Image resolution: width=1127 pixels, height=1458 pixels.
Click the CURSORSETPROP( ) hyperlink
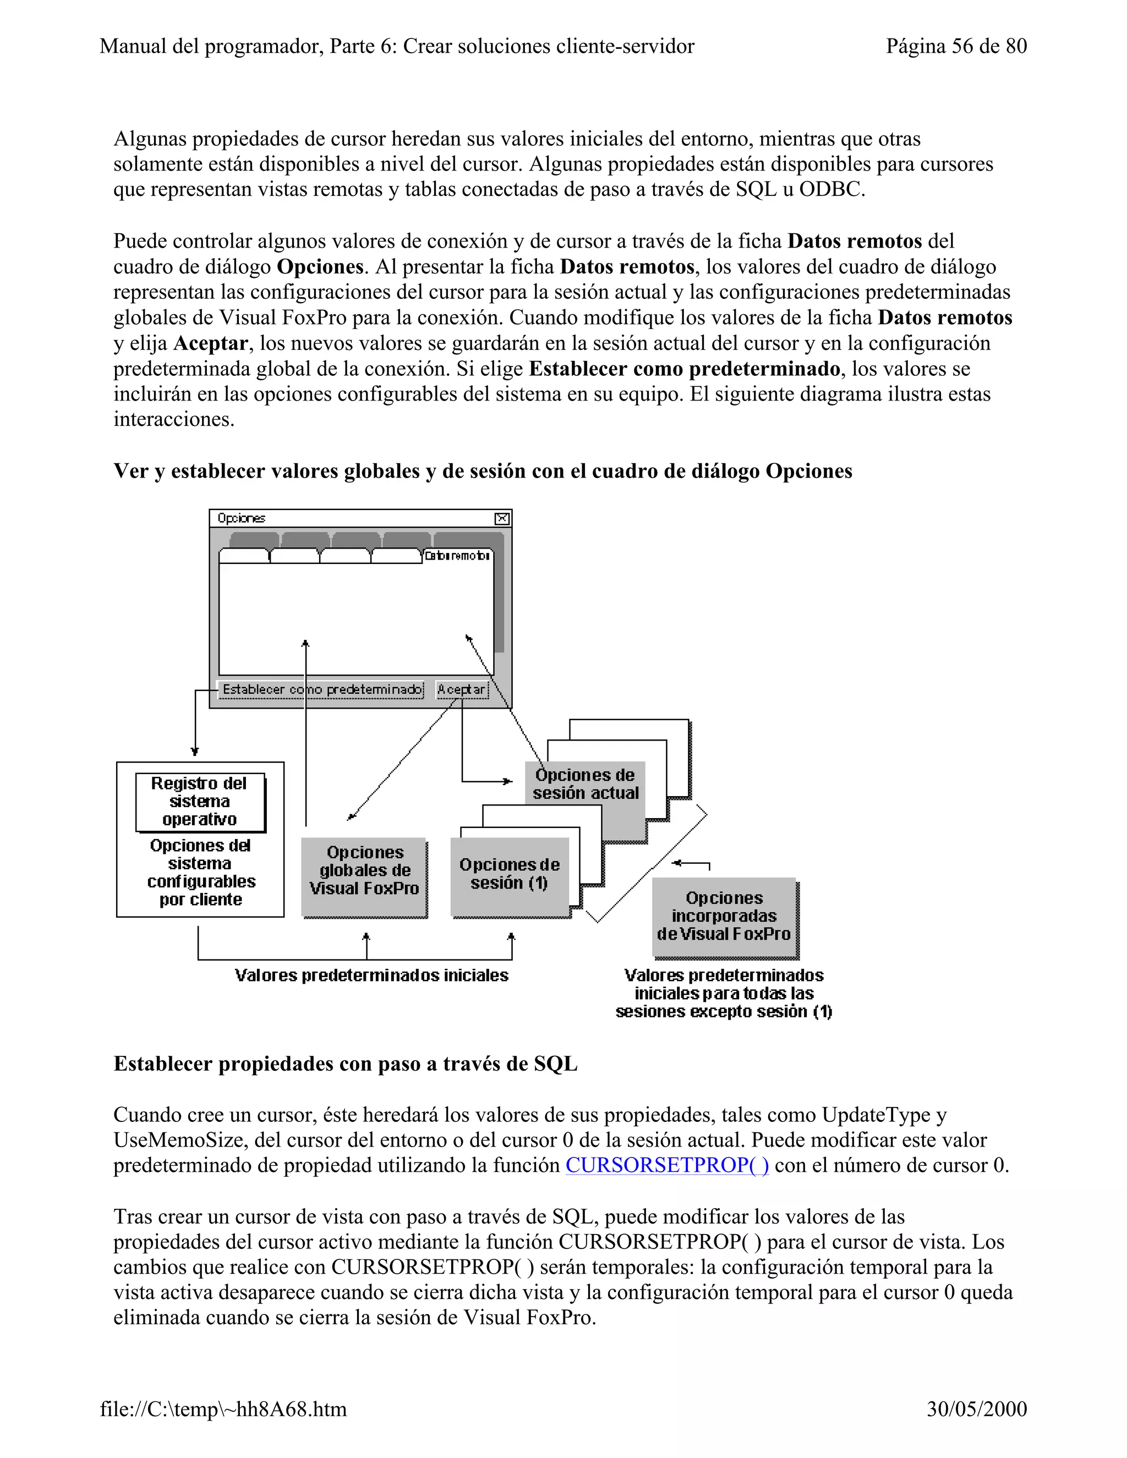pos(666,1165)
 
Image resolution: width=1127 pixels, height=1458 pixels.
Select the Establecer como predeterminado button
pos(322,689)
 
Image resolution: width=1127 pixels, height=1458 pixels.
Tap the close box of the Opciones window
pos(502,519)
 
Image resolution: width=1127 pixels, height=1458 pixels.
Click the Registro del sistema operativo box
pos(200,801)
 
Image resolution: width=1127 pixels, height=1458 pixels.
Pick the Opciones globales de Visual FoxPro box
pos(364,870)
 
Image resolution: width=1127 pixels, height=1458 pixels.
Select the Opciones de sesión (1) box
pos(510,874)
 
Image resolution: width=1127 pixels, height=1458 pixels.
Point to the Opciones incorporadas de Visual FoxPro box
pos(724,916)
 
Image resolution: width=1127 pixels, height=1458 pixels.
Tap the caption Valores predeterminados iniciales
pos(371,975)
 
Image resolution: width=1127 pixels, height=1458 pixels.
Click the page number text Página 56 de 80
pos(955,46)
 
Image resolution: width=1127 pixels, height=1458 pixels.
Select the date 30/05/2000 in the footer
pos(976,1408)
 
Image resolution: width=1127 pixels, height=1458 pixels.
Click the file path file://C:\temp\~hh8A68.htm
pos(223,1408)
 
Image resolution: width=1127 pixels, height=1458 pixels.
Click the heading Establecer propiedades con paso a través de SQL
pos(345,1064)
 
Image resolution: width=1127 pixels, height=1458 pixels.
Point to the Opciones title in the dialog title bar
pos(241,519)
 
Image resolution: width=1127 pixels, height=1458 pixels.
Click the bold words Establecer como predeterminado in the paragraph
pos(685,369)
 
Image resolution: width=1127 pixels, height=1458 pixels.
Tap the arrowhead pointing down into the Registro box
pos(195,751)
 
